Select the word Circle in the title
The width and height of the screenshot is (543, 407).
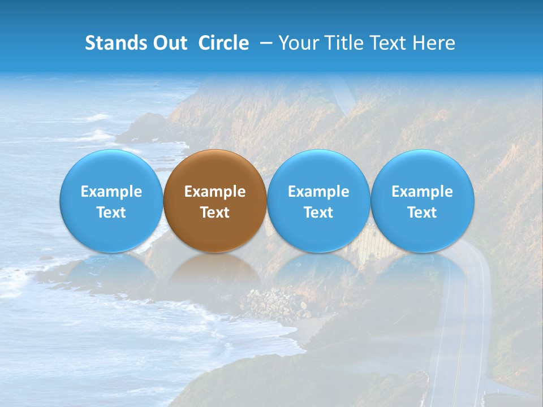tap(223, 43)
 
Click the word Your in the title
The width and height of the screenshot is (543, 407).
tap(297, 43)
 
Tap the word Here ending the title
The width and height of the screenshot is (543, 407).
tap(434, 43)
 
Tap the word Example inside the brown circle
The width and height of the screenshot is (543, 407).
tap(215, 192)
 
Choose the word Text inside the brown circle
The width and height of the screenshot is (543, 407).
tap(215, 213)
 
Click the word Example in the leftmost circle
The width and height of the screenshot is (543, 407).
tap(111, 192)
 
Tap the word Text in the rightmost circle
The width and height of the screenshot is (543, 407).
tap(423, 213)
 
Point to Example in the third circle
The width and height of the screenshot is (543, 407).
tap(318, 192)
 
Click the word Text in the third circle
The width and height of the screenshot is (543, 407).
tap(318, 213)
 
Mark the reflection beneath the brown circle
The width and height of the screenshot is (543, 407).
tap(215, 271)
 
